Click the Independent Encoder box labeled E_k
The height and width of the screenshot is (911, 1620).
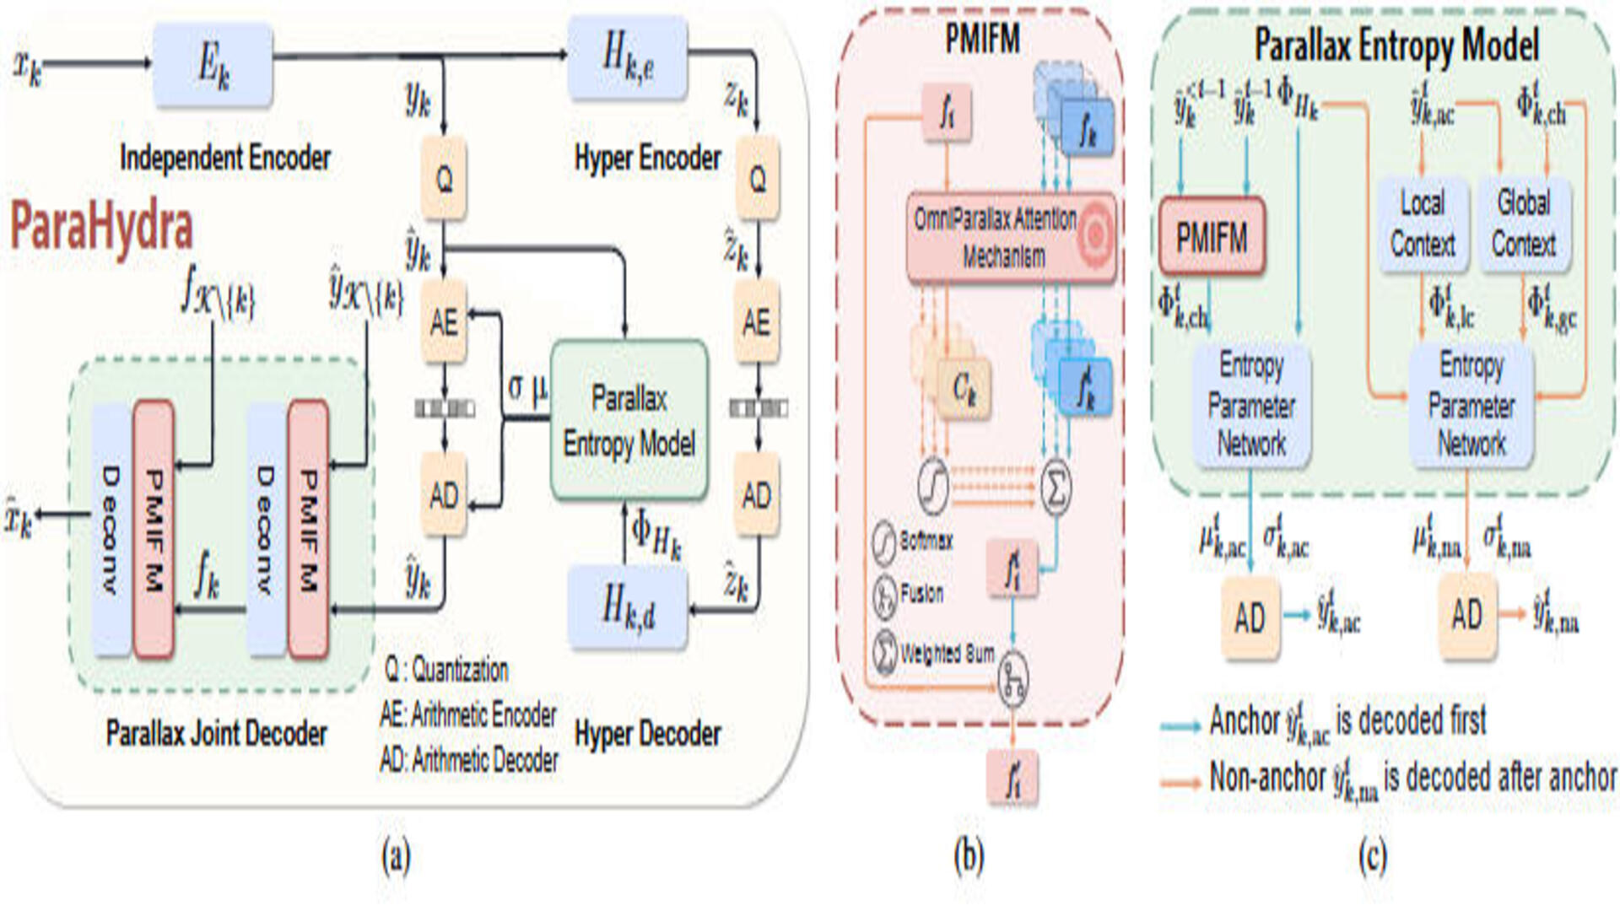(x=213, y=65)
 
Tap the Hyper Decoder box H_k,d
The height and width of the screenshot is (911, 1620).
(x=627, y=607)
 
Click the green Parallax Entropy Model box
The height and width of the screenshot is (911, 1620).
(x=629, y=420)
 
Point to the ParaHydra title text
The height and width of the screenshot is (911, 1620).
(x=102, y=226)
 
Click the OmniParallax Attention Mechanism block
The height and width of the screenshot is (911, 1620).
(x=1010, y=238)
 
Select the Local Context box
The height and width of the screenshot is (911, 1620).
(x=1422, y=224)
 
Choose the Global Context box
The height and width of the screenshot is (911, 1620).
(x=1524, y=224)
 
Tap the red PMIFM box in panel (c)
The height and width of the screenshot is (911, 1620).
(x=1212, y=237)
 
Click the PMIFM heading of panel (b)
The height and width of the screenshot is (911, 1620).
(x=982, y=39)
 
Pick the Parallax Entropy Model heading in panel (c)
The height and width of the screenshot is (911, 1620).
(x=1396, y=45)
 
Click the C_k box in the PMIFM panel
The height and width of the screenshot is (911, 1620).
(x=964, y=388)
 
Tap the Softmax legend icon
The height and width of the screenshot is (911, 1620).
(x=884, y=542)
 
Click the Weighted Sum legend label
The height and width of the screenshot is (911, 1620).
(x=947, y=654)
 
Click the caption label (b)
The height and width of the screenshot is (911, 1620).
(x=969, y=856)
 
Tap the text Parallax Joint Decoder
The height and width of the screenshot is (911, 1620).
(x=216, y=734)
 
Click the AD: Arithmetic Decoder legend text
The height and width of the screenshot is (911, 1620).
(x=469, y=761)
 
